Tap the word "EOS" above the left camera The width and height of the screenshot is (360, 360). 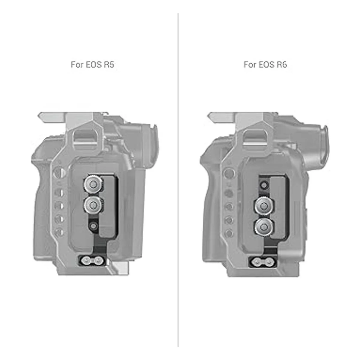(94, 64)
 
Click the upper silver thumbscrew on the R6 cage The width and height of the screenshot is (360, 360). (264, 206)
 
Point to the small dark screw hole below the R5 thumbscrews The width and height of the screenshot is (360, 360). (93, 226)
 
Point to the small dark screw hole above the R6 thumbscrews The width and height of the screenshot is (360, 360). (264, 185)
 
